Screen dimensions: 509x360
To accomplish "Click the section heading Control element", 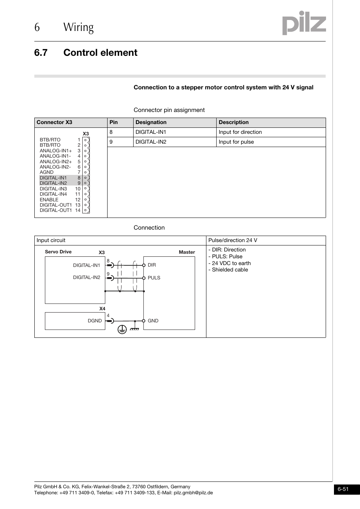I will point(100,53).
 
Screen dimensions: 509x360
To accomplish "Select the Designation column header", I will point(151,122).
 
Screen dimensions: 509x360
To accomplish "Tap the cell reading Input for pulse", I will point(236,142).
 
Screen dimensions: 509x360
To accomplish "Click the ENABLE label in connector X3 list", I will point(49,200).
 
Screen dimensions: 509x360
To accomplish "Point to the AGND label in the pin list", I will point(46,172).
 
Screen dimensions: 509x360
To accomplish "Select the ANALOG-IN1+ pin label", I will point(55,150).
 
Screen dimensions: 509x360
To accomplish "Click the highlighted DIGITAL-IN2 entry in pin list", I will point(53,183).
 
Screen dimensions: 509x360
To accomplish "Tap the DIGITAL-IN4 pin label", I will point(53,194).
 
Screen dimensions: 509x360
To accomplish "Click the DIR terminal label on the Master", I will point(152,265).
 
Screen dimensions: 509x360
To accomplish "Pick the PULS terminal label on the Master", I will point(154,278).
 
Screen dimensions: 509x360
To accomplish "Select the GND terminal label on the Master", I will point(153,321).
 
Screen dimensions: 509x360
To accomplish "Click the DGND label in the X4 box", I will point(95,321).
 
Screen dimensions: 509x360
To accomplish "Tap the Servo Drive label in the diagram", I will point(58,252).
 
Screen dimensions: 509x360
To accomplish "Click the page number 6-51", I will point(343,489).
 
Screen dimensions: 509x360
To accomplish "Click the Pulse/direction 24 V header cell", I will point(232,240).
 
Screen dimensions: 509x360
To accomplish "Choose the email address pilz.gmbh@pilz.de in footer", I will point(193,493).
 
